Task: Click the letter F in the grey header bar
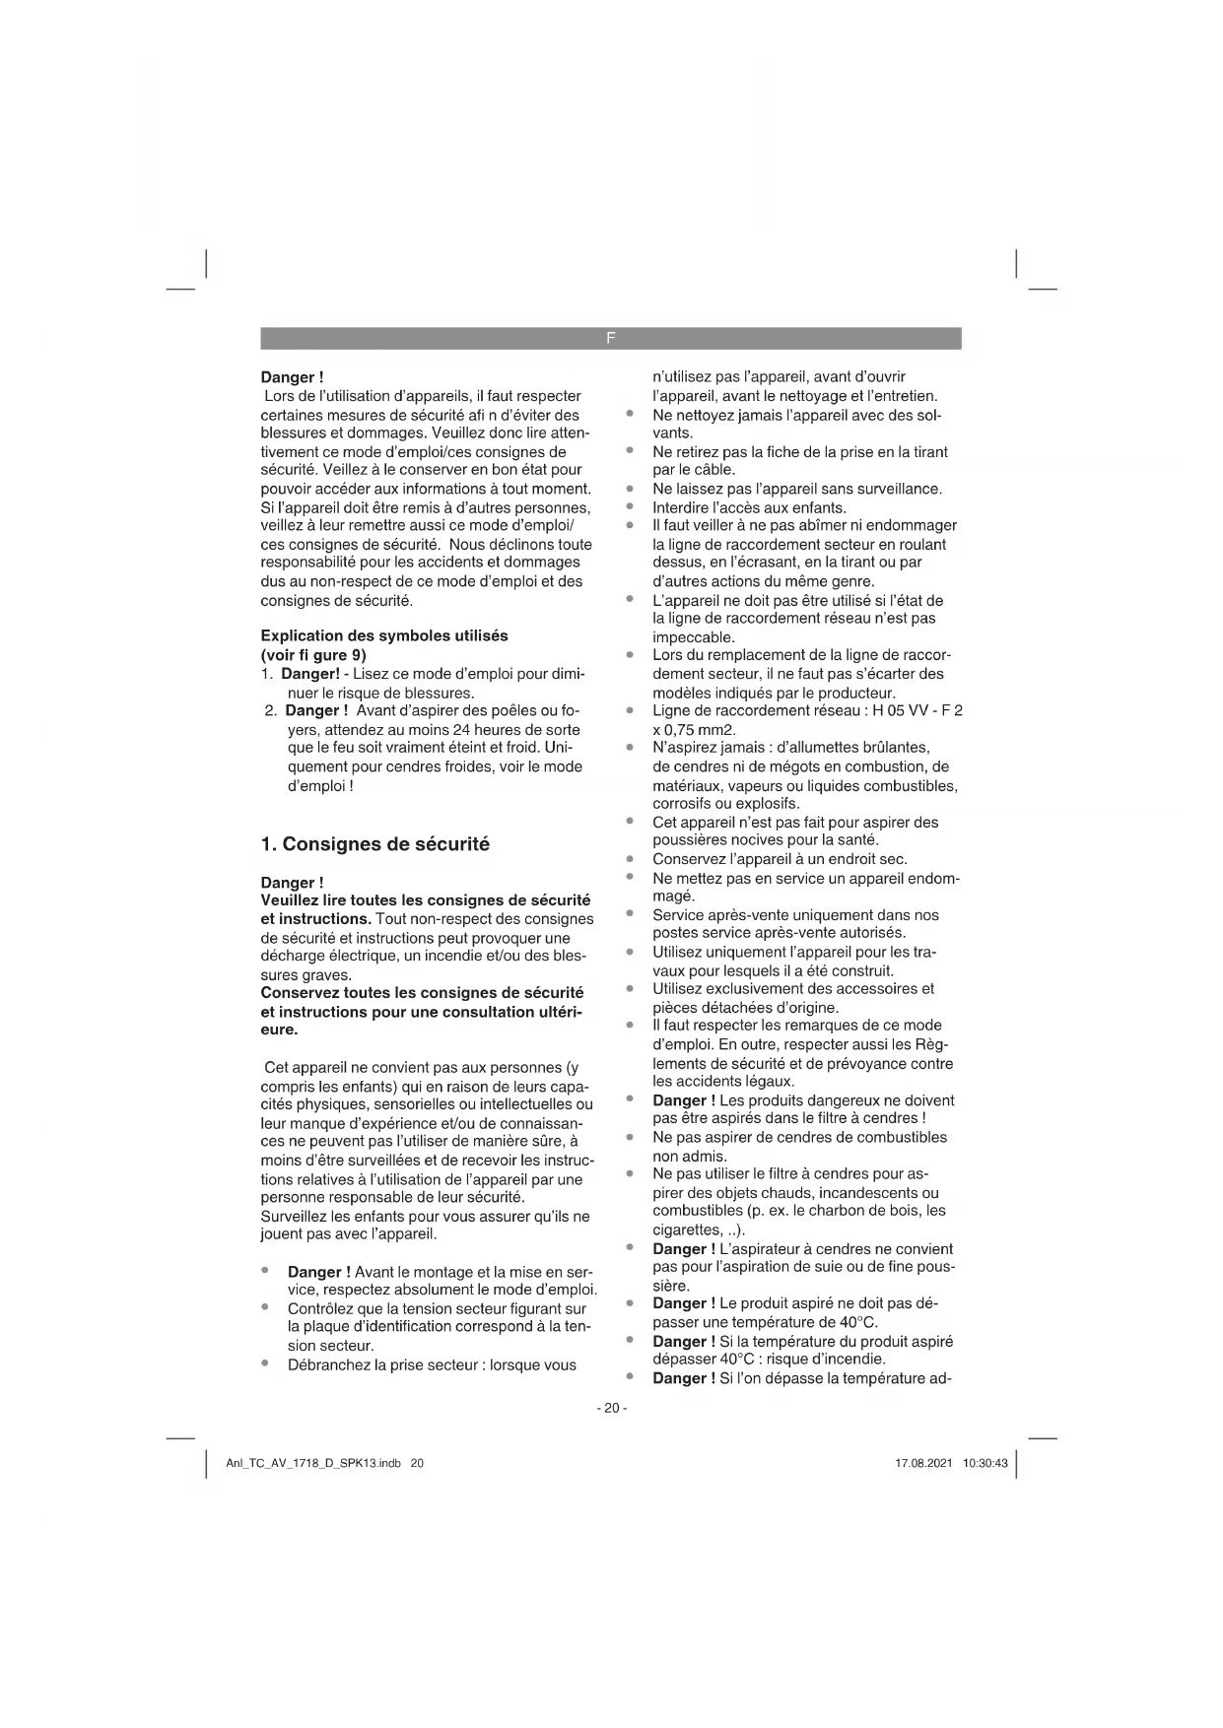pyautogui.click(x=611, y=338)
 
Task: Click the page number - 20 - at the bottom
pyautogui.click(x=611, y=1408)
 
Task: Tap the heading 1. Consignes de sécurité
pyautogui.click(x=374, y=844)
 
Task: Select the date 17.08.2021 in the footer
pyautogui.click(x=923, y=1463)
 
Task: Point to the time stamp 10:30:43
pyautogui.click(x=985, y=1463)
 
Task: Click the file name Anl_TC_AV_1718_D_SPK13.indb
pyautogui.click(x=313, y=1463)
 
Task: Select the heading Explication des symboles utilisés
pyautogui.click(x=384, y=636)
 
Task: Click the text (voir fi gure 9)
pyautogui.click(x=313, y=655)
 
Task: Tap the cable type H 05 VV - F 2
pyautogui.click(x=917, y=711)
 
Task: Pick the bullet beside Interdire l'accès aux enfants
pyautogui.click(x=629, y=507)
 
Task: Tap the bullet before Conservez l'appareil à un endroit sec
pyautogui.click(x=629, y=858)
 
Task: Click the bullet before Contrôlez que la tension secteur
pyautogui.click(x=265, y=1308)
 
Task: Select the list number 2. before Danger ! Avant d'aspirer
pyautogui.click(x=270, y=711)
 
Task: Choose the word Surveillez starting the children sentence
pyautogui.click(x=293, y=1217)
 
